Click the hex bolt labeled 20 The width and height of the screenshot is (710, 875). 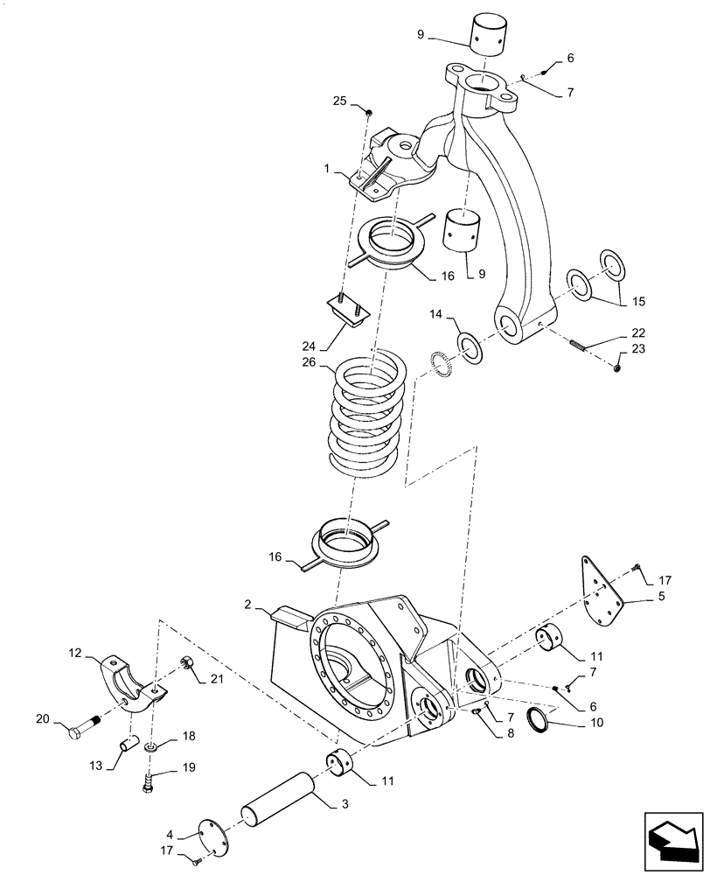(x=80, y=728)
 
